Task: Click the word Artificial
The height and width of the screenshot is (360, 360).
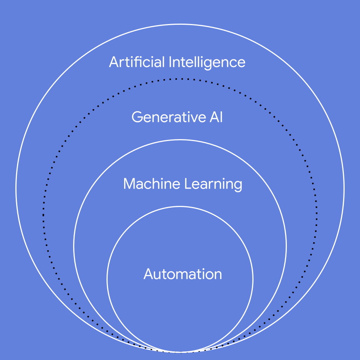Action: (x=137, y=62)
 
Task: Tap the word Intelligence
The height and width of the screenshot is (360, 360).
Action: (x=207, y=62)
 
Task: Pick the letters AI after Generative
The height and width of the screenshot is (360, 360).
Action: (x=215, y=117)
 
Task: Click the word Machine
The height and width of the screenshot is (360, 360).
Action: (x=152, y=184)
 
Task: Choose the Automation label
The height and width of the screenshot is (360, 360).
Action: (x=183, y=274)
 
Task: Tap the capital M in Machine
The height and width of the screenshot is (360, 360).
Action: (x=129, y=184)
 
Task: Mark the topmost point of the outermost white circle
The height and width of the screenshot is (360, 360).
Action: (x=180, y=24)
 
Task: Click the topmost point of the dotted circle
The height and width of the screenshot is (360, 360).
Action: (x=180, y=79)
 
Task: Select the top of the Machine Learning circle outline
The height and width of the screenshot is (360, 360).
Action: (x=180, y=140)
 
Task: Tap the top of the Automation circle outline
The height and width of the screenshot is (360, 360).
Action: (x=180, y=207)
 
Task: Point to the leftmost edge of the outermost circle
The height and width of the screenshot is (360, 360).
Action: (x=16, y=188)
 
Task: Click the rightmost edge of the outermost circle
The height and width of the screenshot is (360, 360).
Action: (x=344, y=188)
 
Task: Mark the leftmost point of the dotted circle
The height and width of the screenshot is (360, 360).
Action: (x=43, y=216)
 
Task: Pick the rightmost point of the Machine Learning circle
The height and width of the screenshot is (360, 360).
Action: (x=286, y=246)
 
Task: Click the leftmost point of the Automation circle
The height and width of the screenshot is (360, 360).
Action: (x=107, y=279)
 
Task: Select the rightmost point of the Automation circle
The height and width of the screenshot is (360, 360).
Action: (x=253, y=279)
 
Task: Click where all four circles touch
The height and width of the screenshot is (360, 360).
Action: (x=180, y=352)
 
